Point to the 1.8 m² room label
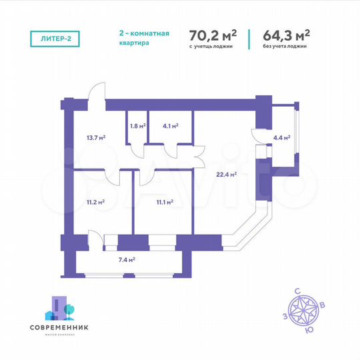(x=137, y=124)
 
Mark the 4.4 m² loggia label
(x=282, y=139)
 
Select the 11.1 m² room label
(x=165, y=201)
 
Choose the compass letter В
(x=323, y=305)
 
